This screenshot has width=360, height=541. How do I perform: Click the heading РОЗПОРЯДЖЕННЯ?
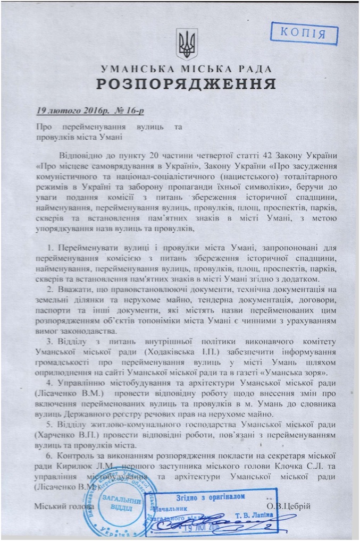(186, 84)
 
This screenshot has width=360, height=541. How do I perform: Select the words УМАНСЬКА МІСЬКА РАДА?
(186, 69)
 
